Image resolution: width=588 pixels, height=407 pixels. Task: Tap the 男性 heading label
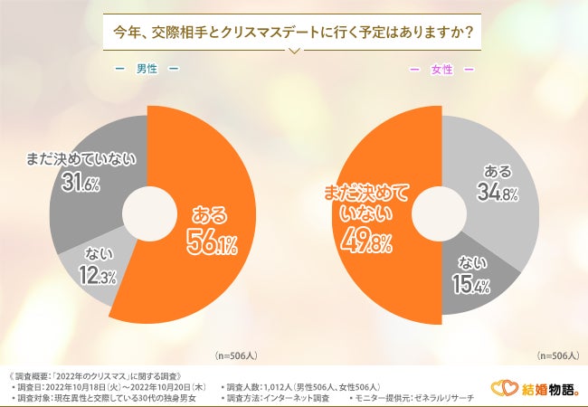(147, 69)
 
